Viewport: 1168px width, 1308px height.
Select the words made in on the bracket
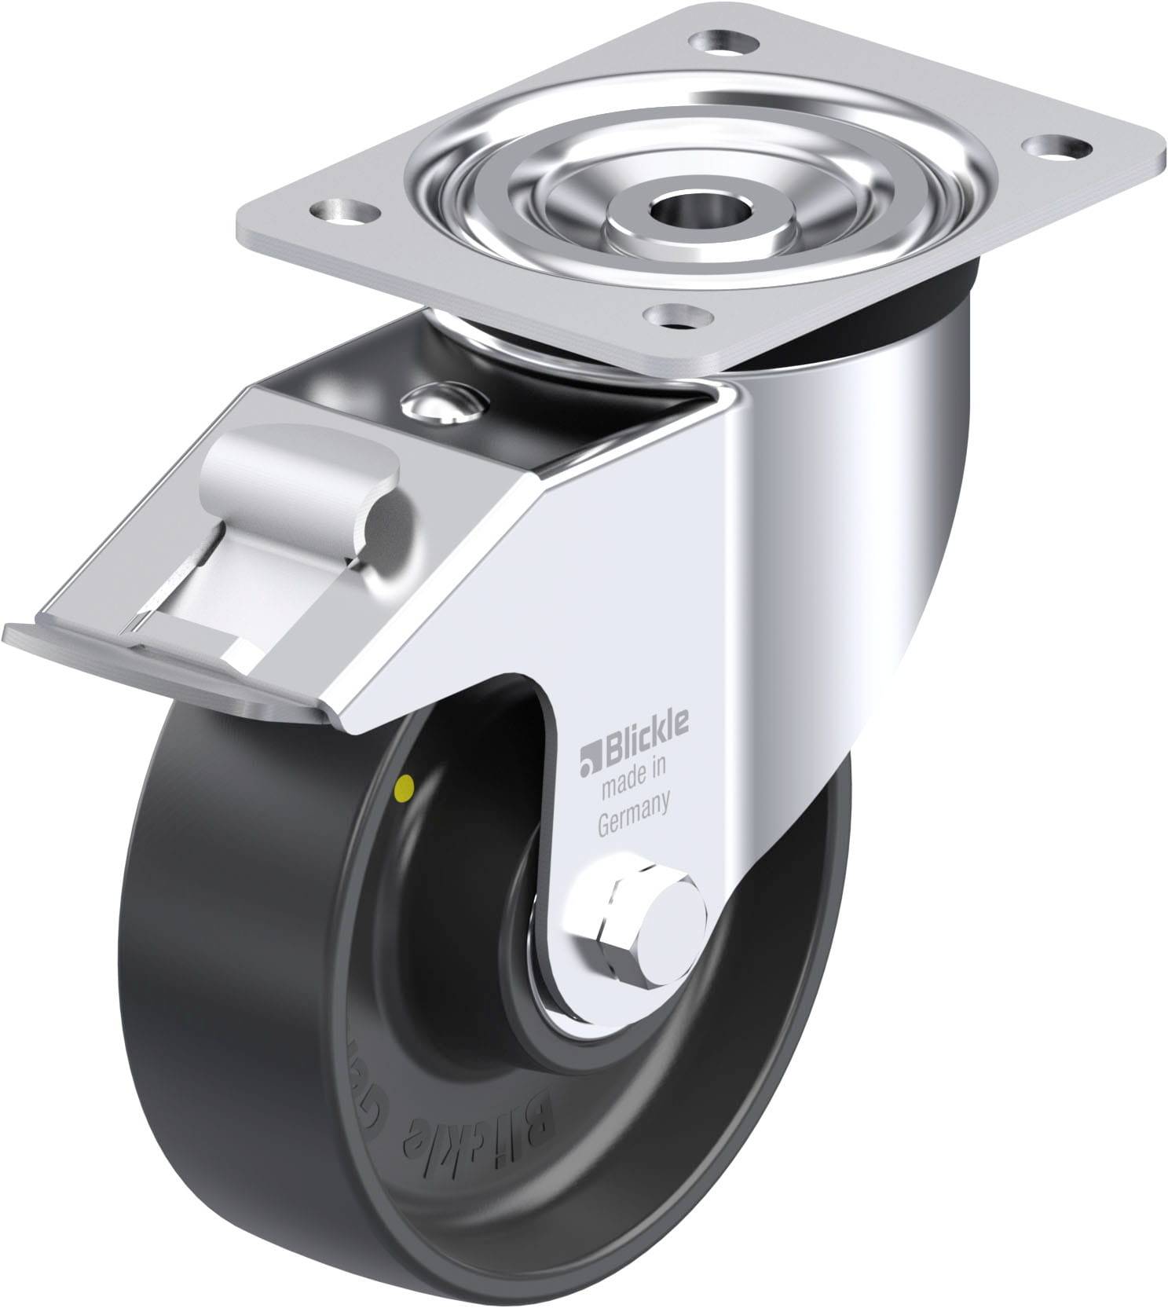pos(633,775)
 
